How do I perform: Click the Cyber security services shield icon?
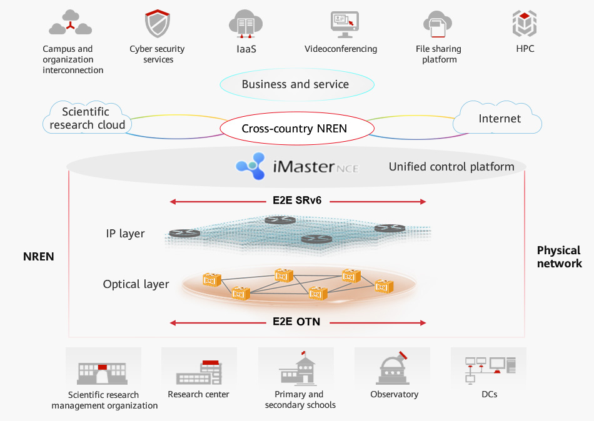point(158,24)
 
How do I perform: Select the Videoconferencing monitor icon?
point(345,24)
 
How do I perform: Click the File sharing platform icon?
point(437,24)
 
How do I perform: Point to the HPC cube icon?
point(525,24)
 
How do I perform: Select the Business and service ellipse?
point(296,84)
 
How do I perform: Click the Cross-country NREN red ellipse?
point(296,129)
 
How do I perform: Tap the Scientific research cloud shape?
point(87,118)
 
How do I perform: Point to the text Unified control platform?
point(451,167)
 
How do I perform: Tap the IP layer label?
point(125,234)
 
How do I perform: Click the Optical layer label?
point(136,284)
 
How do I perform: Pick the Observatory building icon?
point(393,369)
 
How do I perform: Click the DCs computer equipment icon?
point(490,369)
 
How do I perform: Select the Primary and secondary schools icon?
point(298,369)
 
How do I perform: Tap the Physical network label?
point(559,257)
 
